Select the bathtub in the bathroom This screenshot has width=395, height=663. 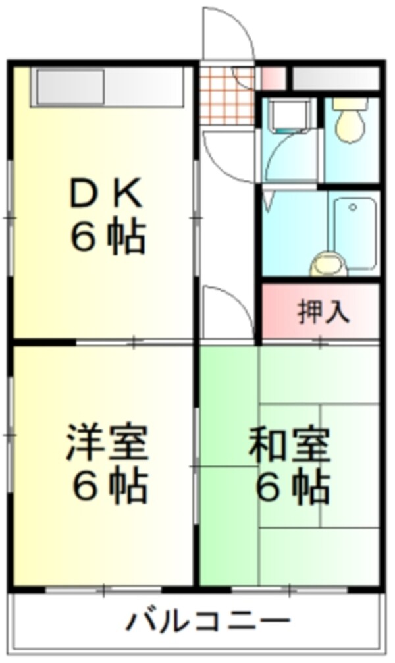(x=355, y=233)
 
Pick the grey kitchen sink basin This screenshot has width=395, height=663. (x=70, y=87)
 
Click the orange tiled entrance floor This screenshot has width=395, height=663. (x=226, y=95)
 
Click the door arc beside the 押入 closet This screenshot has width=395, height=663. (x=227, y=313)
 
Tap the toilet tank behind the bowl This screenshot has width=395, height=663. (x=349, y=103)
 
